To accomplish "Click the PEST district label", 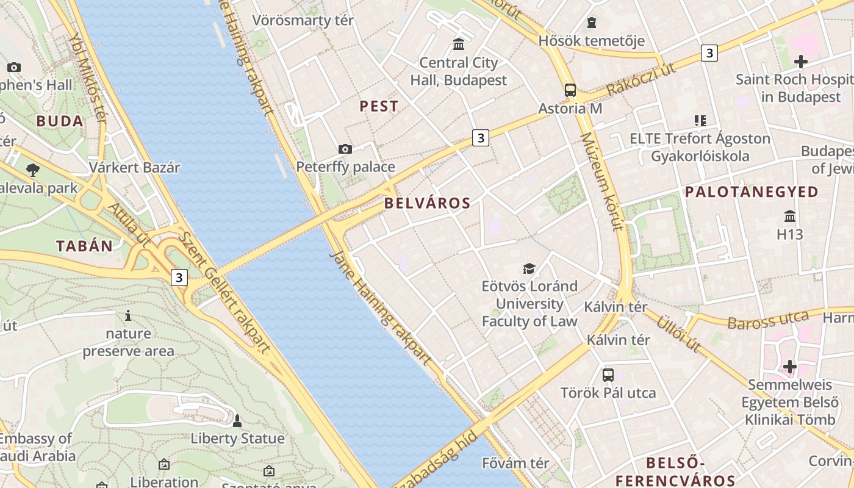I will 379,106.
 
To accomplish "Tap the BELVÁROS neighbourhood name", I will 428,204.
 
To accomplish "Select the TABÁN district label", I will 85,246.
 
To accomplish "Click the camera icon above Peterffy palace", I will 345,149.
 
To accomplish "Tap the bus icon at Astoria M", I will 570,90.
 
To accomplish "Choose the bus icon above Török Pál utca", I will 608,375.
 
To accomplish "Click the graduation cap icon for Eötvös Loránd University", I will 529,268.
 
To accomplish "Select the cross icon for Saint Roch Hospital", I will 801,62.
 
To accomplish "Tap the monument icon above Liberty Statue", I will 237,421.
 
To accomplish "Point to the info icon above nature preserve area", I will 128,315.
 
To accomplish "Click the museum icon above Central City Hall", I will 459,45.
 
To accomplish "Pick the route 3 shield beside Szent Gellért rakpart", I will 179,278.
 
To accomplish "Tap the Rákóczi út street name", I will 641,79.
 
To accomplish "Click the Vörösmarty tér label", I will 303,20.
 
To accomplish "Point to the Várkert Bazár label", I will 135,168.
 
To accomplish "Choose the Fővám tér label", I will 515,463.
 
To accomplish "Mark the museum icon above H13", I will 790,216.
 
